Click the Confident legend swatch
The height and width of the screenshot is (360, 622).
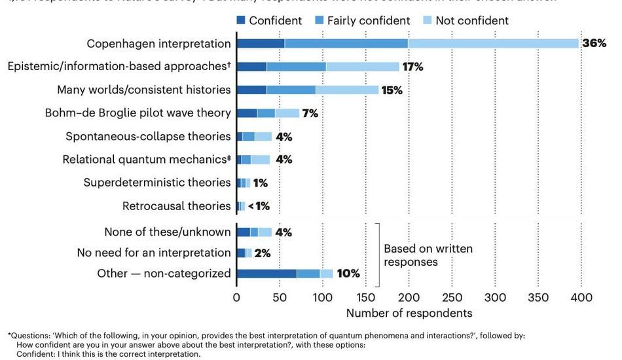coord(242,20)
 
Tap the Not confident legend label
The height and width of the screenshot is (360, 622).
coord(472,20)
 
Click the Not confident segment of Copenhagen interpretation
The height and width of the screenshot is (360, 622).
coord(493,44)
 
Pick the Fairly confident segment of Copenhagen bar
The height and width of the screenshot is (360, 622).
coord(346,44)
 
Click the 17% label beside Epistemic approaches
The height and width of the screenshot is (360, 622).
coord(414,67)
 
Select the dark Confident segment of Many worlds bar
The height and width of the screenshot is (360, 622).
coord(251,90)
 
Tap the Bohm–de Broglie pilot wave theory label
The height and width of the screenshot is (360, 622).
coord(137,113)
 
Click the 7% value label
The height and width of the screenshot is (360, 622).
coord(310,113)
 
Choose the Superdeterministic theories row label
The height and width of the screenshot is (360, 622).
coord(157,183)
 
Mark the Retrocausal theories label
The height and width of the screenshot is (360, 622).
coord(176,206)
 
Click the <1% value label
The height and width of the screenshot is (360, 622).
coord(259,206)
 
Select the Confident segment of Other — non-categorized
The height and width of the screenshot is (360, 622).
coord(266,274)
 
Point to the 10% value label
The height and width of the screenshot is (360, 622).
coord(348,274)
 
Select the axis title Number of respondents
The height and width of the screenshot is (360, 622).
coord(409,313)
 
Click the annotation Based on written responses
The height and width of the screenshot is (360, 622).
coord(428,255)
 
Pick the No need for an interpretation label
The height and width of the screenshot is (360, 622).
coord(154,253)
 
